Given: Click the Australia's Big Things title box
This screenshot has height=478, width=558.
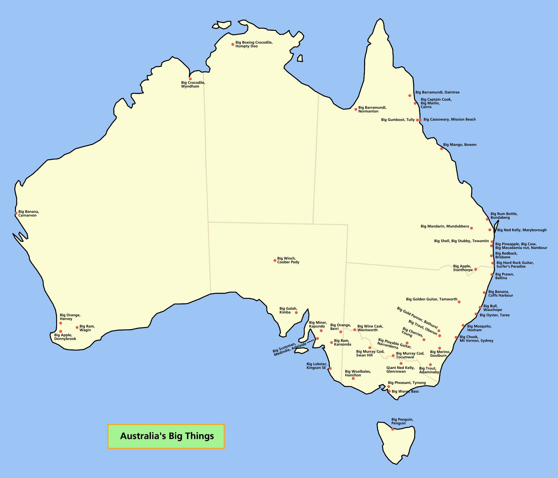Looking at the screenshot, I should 166,436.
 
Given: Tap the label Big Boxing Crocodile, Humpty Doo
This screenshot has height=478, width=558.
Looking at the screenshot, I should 254,44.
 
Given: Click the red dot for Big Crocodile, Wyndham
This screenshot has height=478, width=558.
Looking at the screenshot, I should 190,79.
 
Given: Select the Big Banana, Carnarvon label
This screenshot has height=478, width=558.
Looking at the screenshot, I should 28,213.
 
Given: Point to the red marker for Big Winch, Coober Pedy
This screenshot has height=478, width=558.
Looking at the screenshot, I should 275,260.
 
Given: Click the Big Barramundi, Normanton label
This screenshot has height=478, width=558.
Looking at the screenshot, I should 372,109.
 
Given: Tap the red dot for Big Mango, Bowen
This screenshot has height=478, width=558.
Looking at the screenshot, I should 441,149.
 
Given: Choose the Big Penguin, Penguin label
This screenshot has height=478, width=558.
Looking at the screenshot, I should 402,421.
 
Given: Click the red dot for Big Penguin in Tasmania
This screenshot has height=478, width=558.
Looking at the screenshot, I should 393,429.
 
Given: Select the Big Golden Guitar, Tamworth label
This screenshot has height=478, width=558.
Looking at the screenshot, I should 431,299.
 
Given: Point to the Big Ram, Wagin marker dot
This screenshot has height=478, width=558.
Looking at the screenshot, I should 77,327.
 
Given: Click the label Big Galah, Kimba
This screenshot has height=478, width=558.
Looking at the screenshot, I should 288,310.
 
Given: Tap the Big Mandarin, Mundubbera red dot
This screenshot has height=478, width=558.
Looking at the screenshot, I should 471,228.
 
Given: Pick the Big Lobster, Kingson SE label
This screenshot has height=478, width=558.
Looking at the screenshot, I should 317,366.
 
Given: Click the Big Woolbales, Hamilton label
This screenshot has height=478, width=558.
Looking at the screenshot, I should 358,373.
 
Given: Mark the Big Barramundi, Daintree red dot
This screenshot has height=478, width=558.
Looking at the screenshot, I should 410,96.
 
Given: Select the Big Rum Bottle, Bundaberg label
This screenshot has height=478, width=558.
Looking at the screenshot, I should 504,216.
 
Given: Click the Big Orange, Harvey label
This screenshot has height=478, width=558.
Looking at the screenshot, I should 70,317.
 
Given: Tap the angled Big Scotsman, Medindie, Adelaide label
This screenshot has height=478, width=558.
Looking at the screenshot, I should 290,349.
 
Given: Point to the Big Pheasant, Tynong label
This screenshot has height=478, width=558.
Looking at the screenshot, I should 407,383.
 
